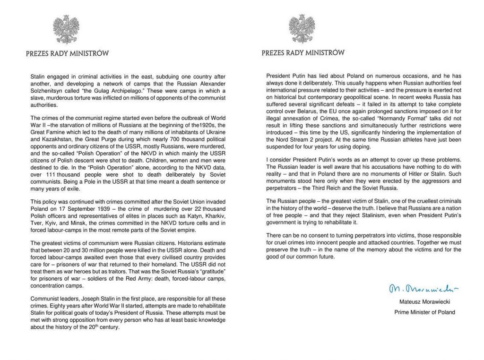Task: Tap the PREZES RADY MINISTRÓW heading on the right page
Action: coord(303,53)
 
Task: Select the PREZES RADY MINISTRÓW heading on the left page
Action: coord(67,53)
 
